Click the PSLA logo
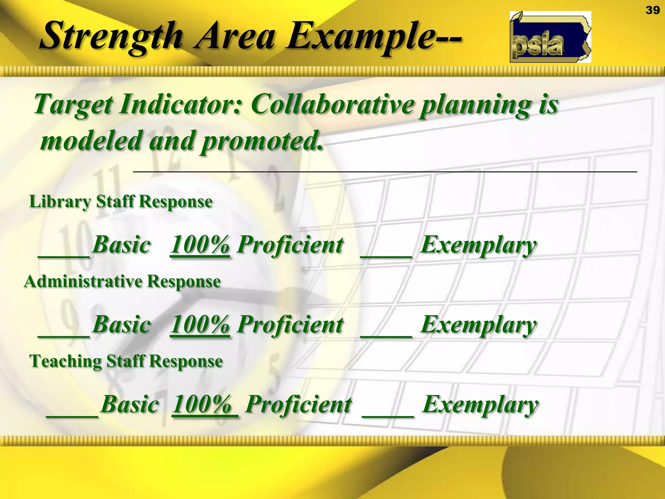pyautogui.click(x=550, y=37)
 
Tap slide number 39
pyautogui.click(x=652, y=10)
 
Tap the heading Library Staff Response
pyautogui.click(x=121, y=201)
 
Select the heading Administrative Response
pyautogui.click(x=122, y=281)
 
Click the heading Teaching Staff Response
pyautogui.click(x=126, y=361)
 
